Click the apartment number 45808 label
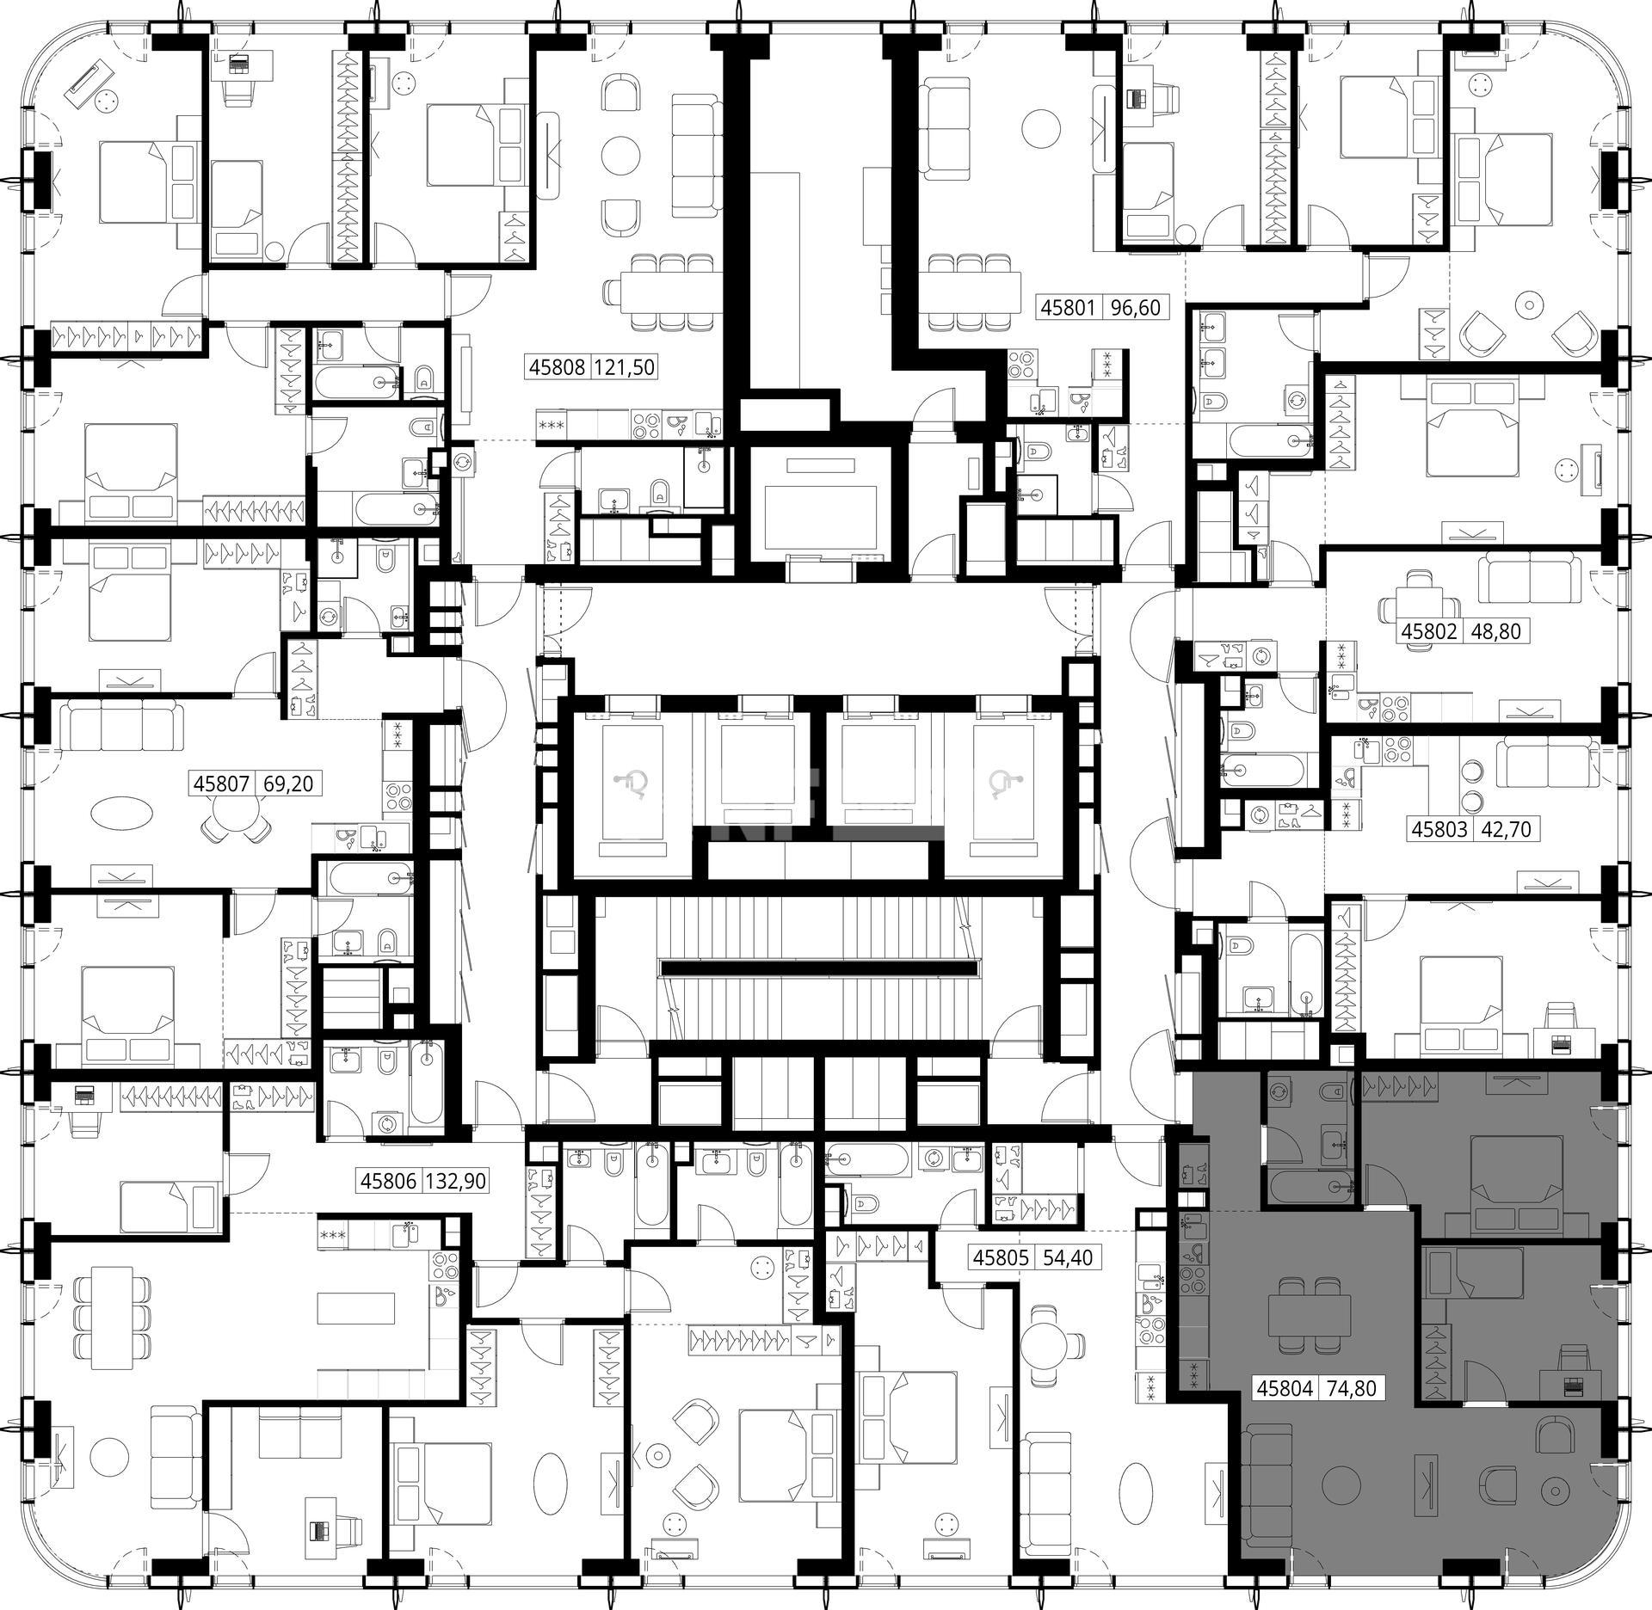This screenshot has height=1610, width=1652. point(556,368)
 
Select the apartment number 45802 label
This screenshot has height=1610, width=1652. point(1429,632)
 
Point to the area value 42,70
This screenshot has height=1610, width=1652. point(1506,830)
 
